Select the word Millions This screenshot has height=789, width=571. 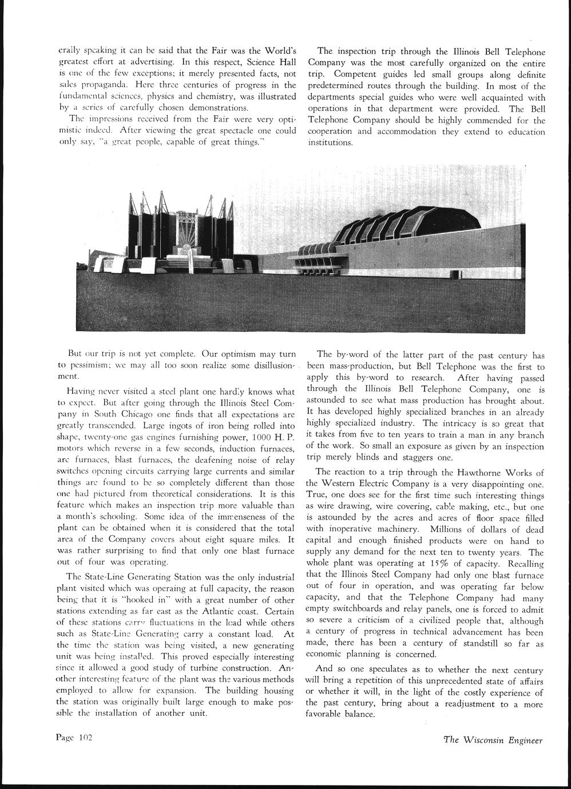click(450, 529)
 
